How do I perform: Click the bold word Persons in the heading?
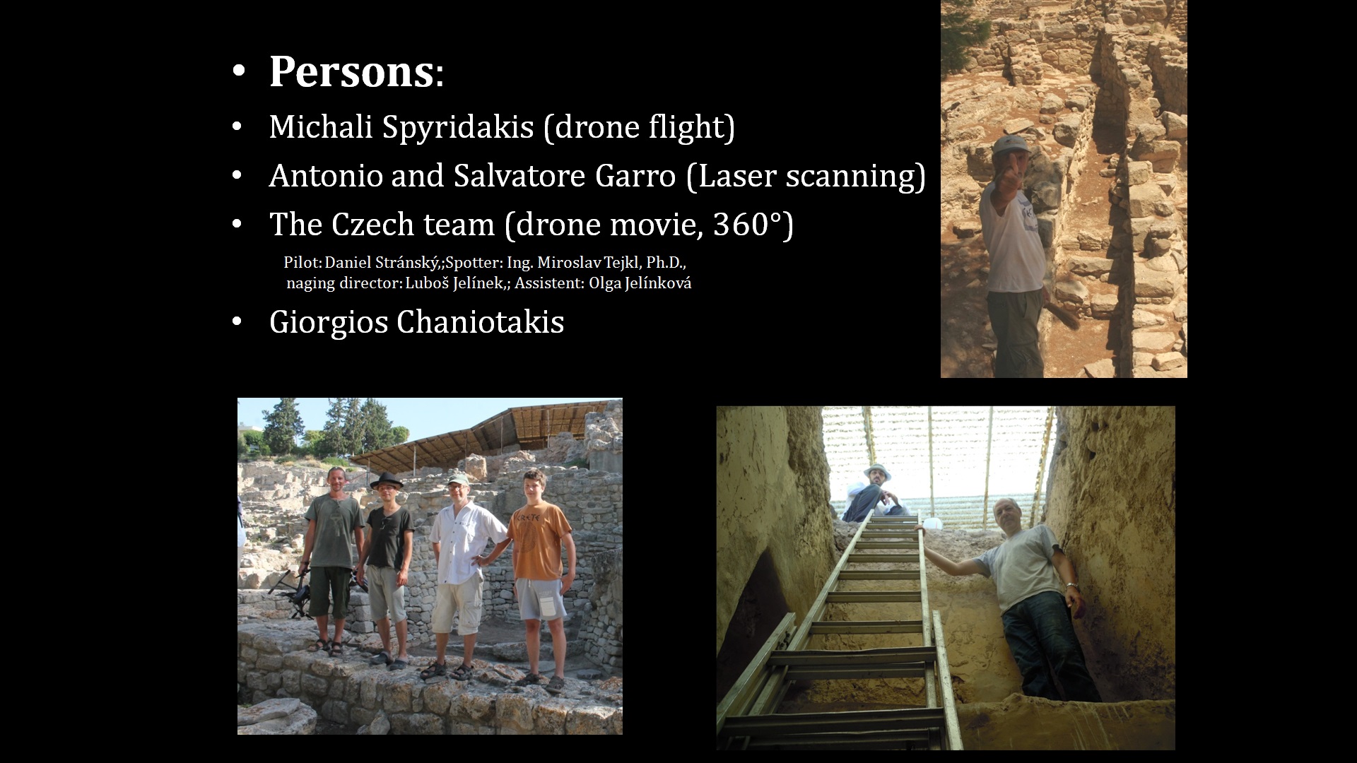pos(351,72)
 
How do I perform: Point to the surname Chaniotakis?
pos(480,322)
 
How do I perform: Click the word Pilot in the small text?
pos(302,263)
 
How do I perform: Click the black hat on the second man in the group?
pos(386,481)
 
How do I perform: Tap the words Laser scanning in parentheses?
pos(806,176)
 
